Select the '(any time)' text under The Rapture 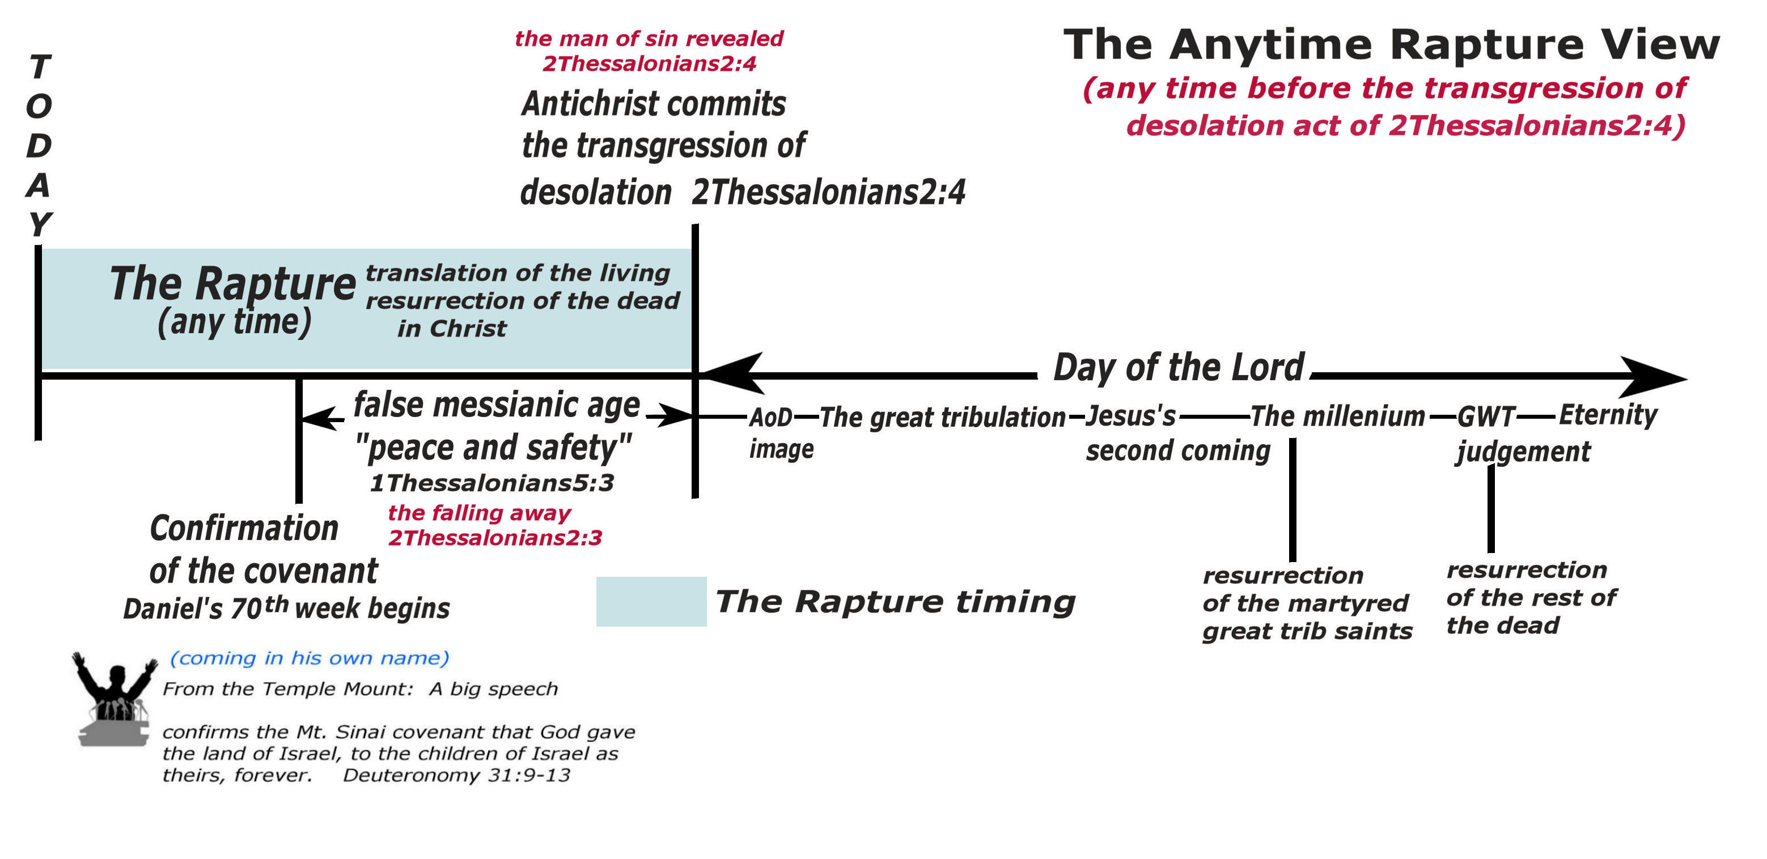pyautogui.click(x=234, y=321)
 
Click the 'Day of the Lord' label pyautogui.click(x=1178, y=368)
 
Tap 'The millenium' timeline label pyautogui.click(x=1338, y=416)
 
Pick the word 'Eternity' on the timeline pyautogui.click(x=1607, y=415)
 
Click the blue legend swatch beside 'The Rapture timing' pyautogui.click(x=651, y=601)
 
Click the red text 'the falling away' pyautogui.click(x=479, y=513)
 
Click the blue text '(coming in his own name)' pyautogui.click(x=310, y=658)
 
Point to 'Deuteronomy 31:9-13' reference pyautogui.click(x=456, y=775)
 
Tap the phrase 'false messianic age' pyautogui.click(x=497, y=405)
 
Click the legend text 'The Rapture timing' pyautogui.click(x=895, y=601)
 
